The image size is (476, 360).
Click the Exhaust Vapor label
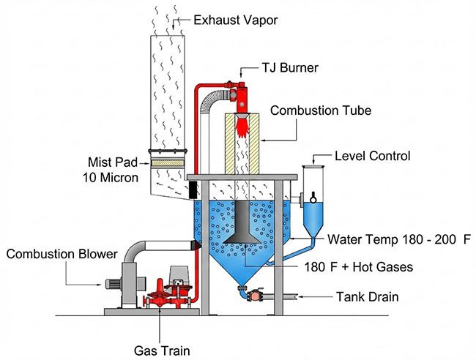237,20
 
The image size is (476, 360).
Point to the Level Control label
372,156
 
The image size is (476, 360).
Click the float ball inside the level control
314,195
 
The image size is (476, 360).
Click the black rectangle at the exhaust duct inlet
194,190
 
